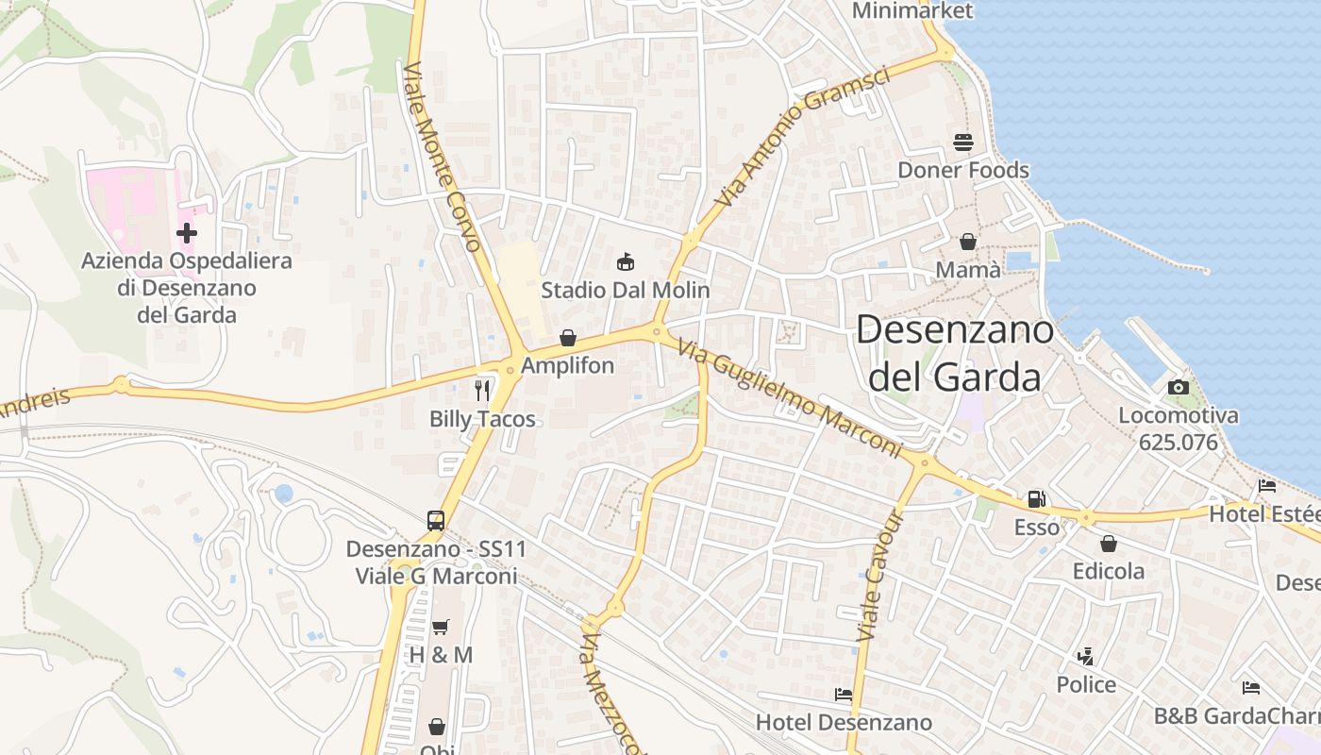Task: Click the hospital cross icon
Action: pyautogui.click(x=187, y=232)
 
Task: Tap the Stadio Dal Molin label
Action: pyautogui.click(x=626, y=290)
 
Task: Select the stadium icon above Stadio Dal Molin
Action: pyautogui.click(x=625, y=261)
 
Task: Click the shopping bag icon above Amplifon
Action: pyautogui.click(x=568, y=338)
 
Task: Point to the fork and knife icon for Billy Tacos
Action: pyautogui.click(x=483, y=390)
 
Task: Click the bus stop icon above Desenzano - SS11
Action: pyautogui.click(x=436, y=520)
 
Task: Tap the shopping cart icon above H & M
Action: pyautogui.click(x=441, y=627)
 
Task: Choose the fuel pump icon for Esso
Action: pyautogui.click(x=1036, y=499)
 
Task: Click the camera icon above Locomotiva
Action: pyautogui.click(x=1178, y=387)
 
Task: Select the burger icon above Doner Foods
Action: pyautogui.click(x=963, y=143)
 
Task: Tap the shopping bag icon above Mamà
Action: pyautogui.click(x=968, y=243)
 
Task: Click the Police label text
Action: pyautogui.click(x=1086, y=684)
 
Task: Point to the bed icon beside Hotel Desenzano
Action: pyautogui.click(x=844, y=695)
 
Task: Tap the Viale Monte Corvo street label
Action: pyautogui.click(x=443, y=157)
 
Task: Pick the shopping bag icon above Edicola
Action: pyautogui.click(x=1109, y=544)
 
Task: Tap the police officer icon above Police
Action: pyautogui.click(x=1086, y=656)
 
